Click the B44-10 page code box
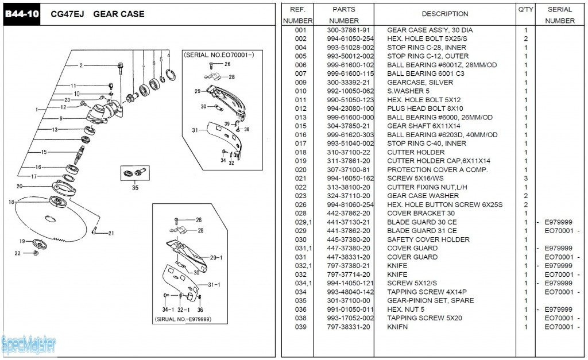[x=22, y=14]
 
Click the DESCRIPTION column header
[x=445, y=14]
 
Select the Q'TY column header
[x=525, y=9]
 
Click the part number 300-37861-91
[x=349, y=30]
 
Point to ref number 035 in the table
[x=300, y=300]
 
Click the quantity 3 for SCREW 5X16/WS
[x=525, y=179]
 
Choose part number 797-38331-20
[x=349, y=327]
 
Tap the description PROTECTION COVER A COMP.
[x=438, y=169]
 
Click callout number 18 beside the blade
[x=11, y=202]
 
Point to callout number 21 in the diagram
[x=111, y=233]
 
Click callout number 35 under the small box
[x=135, y=187]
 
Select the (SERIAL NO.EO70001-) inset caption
[x=218, y=55]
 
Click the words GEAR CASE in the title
[x=118, y=14]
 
